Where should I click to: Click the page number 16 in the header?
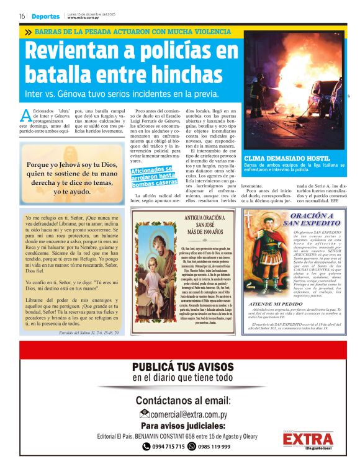[x=22, y=16]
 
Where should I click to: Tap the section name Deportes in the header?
[x=46, y=16]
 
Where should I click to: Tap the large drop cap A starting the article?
[x=25, y=115]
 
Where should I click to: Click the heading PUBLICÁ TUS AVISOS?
[x=182, y=367]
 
